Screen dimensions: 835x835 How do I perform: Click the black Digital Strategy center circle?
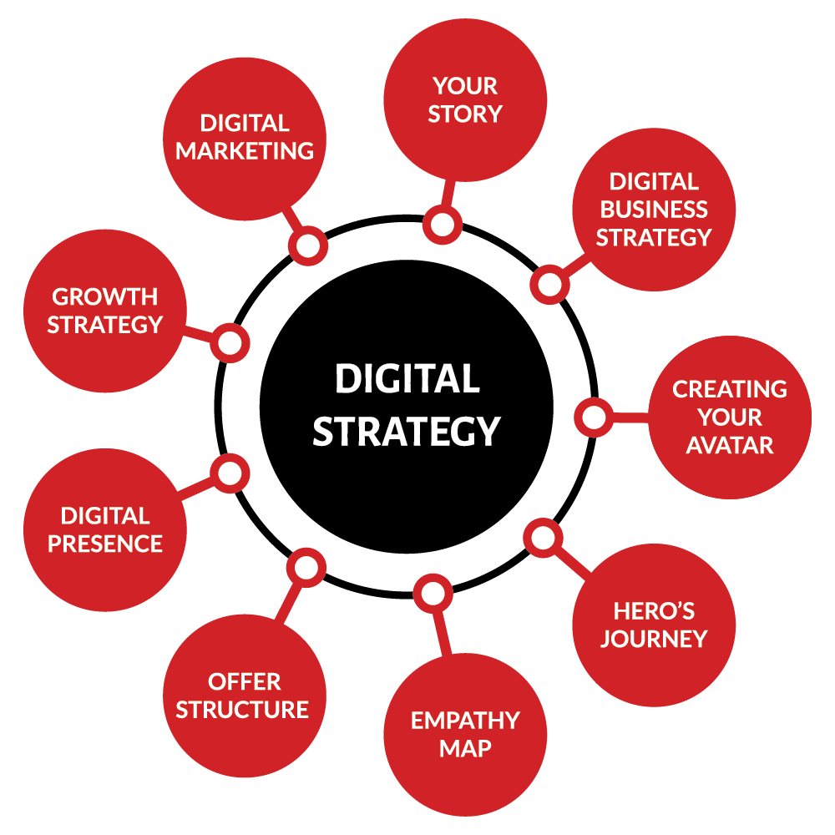point(407,407)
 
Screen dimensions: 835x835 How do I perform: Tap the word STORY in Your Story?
point(465,114)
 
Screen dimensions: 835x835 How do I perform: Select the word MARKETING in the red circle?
point(245,151)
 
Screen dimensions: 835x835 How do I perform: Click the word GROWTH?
point(105,296)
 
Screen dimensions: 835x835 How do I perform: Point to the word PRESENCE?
point(105,544)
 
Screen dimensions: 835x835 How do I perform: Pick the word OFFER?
point(245,681)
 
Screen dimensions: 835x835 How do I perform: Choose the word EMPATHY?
point(465,721)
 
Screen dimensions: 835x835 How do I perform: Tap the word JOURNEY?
point(654,639)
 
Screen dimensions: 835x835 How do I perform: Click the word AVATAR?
point(730,445)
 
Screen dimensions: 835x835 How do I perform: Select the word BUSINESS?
point(654,210)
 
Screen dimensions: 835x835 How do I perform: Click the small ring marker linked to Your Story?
point(443,225)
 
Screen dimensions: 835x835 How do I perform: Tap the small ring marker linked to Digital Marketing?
point(308,245)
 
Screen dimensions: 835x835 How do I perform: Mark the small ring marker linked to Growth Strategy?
point(230,343)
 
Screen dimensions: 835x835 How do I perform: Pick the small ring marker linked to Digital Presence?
point(230,473)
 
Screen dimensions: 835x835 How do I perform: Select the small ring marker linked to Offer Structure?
point(306,568)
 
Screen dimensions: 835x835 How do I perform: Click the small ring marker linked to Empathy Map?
point(433,593)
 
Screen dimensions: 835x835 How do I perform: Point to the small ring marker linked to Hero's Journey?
point(544,538)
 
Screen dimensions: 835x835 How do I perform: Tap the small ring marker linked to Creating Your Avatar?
point(594,417)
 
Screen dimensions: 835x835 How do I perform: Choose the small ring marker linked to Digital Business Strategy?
point(549,285)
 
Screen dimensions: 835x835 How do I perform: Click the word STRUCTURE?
point(242,710)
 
